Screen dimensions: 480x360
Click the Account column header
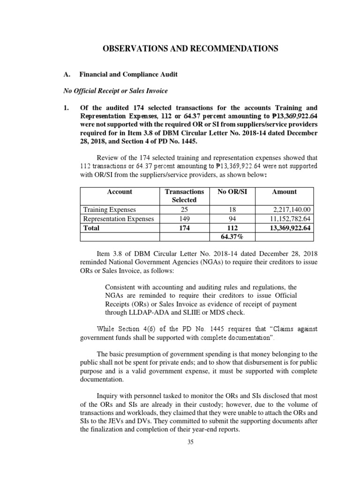pyautogui.click(x=120, y=192)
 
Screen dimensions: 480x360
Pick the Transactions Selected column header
pyautogui.click(x=185, y=195)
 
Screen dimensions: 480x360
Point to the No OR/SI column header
pyautogui.click(x=230, y=192)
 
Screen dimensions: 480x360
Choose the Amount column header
pyautogui.click(x=284, y=192)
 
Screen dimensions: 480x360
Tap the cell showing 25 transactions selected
pyautogui.click(x=185, y=210)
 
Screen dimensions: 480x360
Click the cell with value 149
pyautogui.click(x=185, y=219)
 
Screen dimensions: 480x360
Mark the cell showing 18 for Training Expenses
pyautogui.click(x=230, y=210)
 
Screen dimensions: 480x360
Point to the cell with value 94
pyautogui.click(x=230, y=219)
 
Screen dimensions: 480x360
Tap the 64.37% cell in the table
pyautogui.click(x=230, y=237)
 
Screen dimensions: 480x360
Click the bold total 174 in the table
pyautogui.click(x=185, y=228)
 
